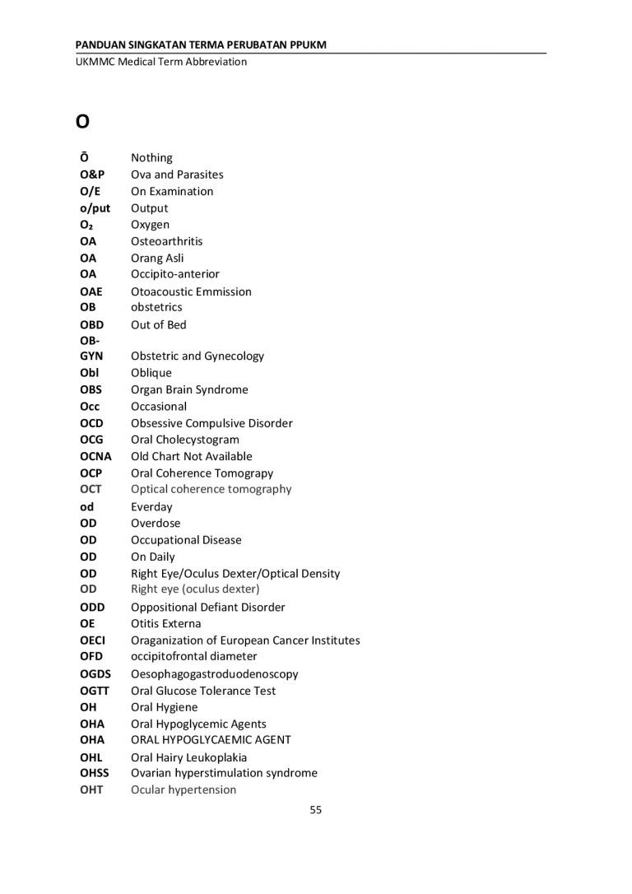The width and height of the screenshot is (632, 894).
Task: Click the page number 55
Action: [315, 809]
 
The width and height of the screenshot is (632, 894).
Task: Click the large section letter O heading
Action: [82, 122]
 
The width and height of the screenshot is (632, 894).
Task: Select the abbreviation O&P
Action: [94, 175]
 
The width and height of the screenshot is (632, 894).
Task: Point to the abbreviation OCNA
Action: [96, 456]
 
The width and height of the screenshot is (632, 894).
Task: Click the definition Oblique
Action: [151, 373]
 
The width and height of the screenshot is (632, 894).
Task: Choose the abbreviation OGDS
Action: [96, 673]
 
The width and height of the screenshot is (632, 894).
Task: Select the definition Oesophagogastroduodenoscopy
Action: [214, 673]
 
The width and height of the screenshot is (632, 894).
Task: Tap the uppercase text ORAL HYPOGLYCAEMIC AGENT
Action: [211, 740]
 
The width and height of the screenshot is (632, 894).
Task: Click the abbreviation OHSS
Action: [95, 773]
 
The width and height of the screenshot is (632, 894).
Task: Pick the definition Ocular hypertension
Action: [184, 789]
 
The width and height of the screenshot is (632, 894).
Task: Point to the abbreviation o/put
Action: [95, 208]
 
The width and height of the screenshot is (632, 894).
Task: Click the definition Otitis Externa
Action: [165, 623]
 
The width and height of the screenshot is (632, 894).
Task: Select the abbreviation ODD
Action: [92, 607]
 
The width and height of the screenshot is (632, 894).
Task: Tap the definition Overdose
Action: [156, 523]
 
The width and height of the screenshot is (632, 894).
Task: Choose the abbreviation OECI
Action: [93, 640]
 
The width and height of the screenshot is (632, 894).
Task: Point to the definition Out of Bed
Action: [159, 324]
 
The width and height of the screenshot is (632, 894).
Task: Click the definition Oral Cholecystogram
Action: [185, 440]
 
